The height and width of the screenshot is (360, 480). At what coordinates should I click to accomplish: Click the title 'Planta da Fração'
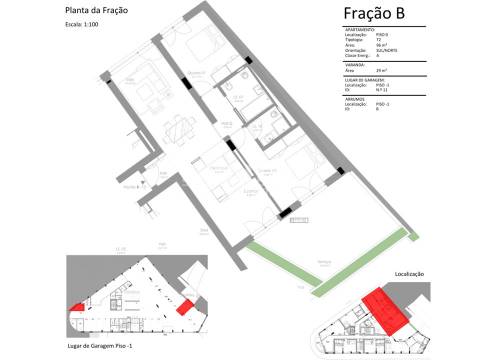pos(96,12)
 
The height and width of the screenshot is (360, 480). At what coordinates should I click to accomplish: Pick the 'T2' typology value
pos(377,41)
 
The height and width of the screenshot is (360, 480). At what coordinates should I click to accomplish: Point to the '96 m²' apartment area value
pos(380,46)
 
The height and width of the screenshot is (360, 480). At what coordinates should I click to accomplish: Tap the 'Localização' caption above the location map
pos(410,274)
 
